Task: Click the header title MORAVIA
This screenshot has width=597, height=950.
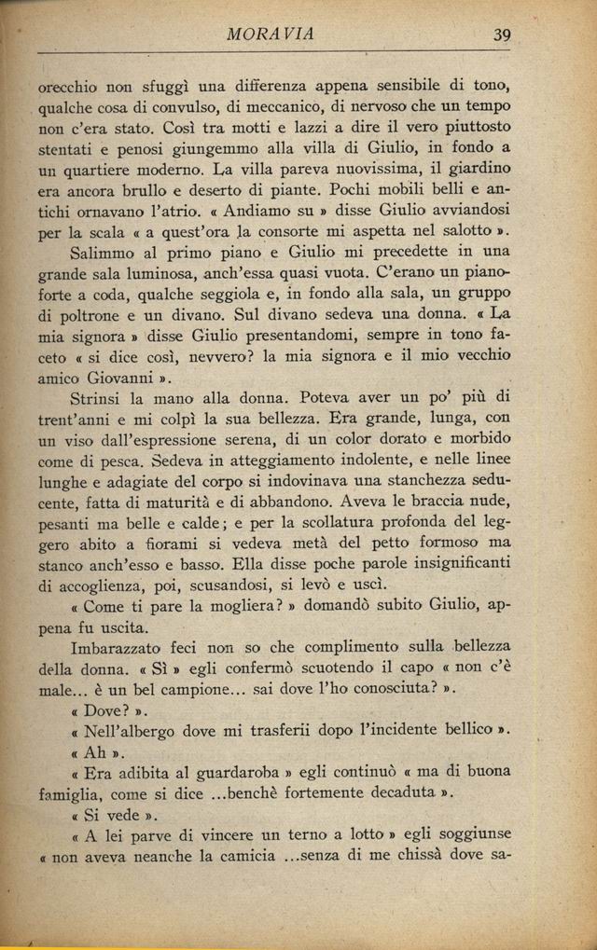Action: (x=271, y=34)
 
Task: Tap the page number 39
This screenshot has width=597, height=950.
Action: (x=503, y=34)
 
